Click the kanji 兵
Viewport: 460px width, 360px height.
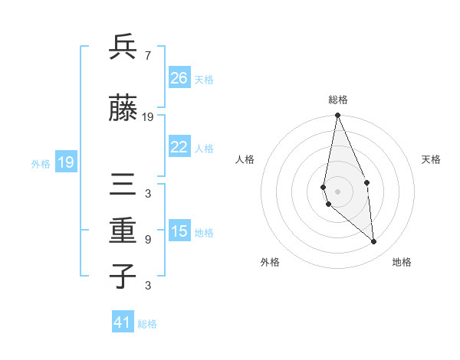click(x=123, y=47)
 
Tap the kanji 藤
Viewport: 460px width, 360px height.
click(x=123, y=110)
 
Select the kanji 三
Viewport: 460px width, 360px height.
click(x=123, y=186)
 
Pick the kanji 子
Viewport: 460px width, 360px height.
click(x=123, y=275)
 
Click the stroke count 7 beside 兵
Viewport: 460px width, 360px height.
click(x=147, y=54)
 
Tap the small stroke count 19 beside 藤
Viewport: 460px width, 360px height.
click(x=148, y=117)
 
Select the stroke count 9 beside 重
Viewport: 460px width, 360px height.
click(x=147, y=239)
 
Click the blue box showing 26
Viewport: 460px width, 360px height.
click(x=179, y=78)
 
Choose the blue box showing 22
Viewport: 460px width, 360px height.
click(x=179, y=147)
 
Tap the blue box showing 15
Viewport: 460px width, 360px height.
click(x=179, y=232)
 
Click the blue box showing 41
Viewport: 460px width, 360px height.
click(x=123, y=322)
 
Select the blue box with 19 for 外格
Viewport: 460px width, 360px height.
click(x=65, y=162)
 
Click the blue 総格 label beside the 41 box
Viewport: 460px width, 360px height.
click(x=148, y=324)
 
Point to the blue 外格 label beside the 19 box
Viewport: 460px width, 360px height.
click(x=41, y=163)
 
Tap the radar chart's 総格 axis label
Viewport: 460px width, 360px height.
click(x=337, y=100)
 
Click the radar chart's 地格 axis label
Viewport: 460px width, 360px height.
click(x=402, y=262)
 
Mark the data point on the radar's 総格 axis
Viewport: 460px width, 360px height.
click(x=337, y=116)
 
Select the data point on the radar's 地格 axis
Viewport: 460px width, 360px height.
click(x=374, y=242)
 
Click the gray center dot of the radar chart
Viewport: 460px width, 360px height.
click(x=337, y=191)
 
